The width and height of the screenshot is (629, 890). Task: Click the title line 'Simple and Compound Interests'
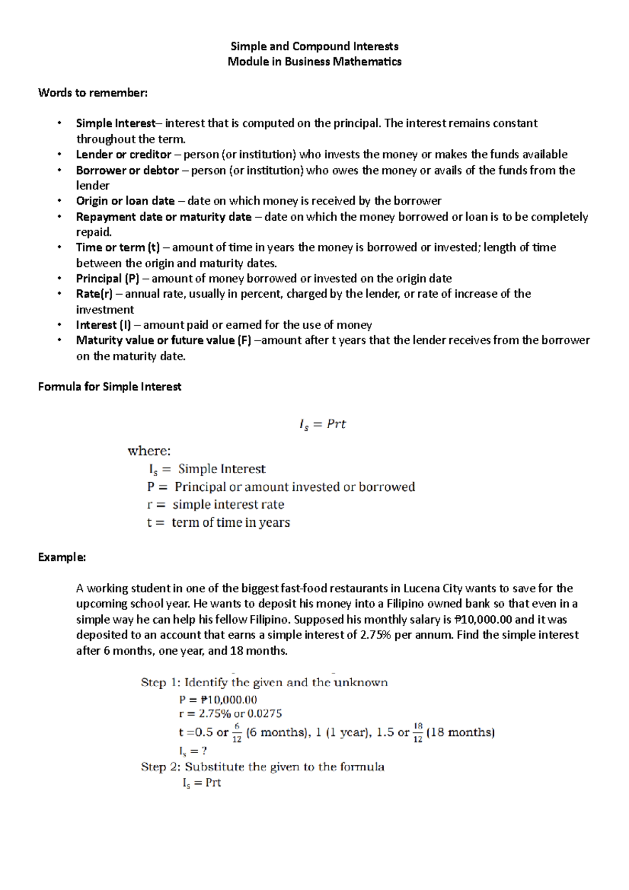coord(314,46)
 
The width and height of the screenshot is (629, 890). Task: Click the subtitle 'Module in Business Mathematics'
coord(314,61)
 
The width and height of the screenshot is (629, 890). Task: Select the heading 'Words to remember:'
coord(93,93)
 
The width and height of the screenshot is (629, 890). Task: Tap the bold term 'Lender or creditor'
coord(123,155)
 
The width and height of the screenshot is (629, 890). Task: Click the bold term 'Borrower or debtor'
coord(127,170)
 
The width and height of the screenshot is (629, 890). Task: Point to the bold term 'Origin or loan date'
coord(125,201)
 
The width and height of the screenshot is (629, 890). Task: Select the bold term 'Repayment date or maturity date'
coord(164,216)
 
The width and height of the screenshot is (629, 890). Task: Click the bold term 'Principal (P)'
coord(108,278)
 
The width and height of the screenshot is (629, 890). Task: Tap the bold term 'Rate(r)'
coord(94,294)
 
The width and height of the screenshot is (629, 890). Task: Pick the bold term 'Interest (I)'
coord(104,325)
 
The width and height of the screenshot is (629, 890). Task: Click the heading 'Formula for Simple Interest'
coord(110,387)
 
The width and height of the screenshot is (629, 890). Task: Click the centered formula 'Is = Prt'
coord(322,424)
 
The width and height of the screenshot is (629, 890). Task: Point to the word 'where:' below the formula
coord(149,451)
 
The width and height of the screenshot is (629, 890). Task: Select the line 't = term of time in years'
coord(219,523)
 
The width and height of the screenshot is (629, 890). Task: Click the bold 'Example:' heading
coord(62,557)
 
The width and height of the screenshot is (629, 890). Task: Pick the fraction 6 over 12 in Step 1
coord(237,733)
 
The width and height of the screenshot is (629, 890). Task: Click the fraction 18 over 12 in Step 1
coord(418,733)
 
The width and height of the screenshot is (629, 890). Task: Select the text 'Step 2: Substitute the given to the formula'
coord(262,767)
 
